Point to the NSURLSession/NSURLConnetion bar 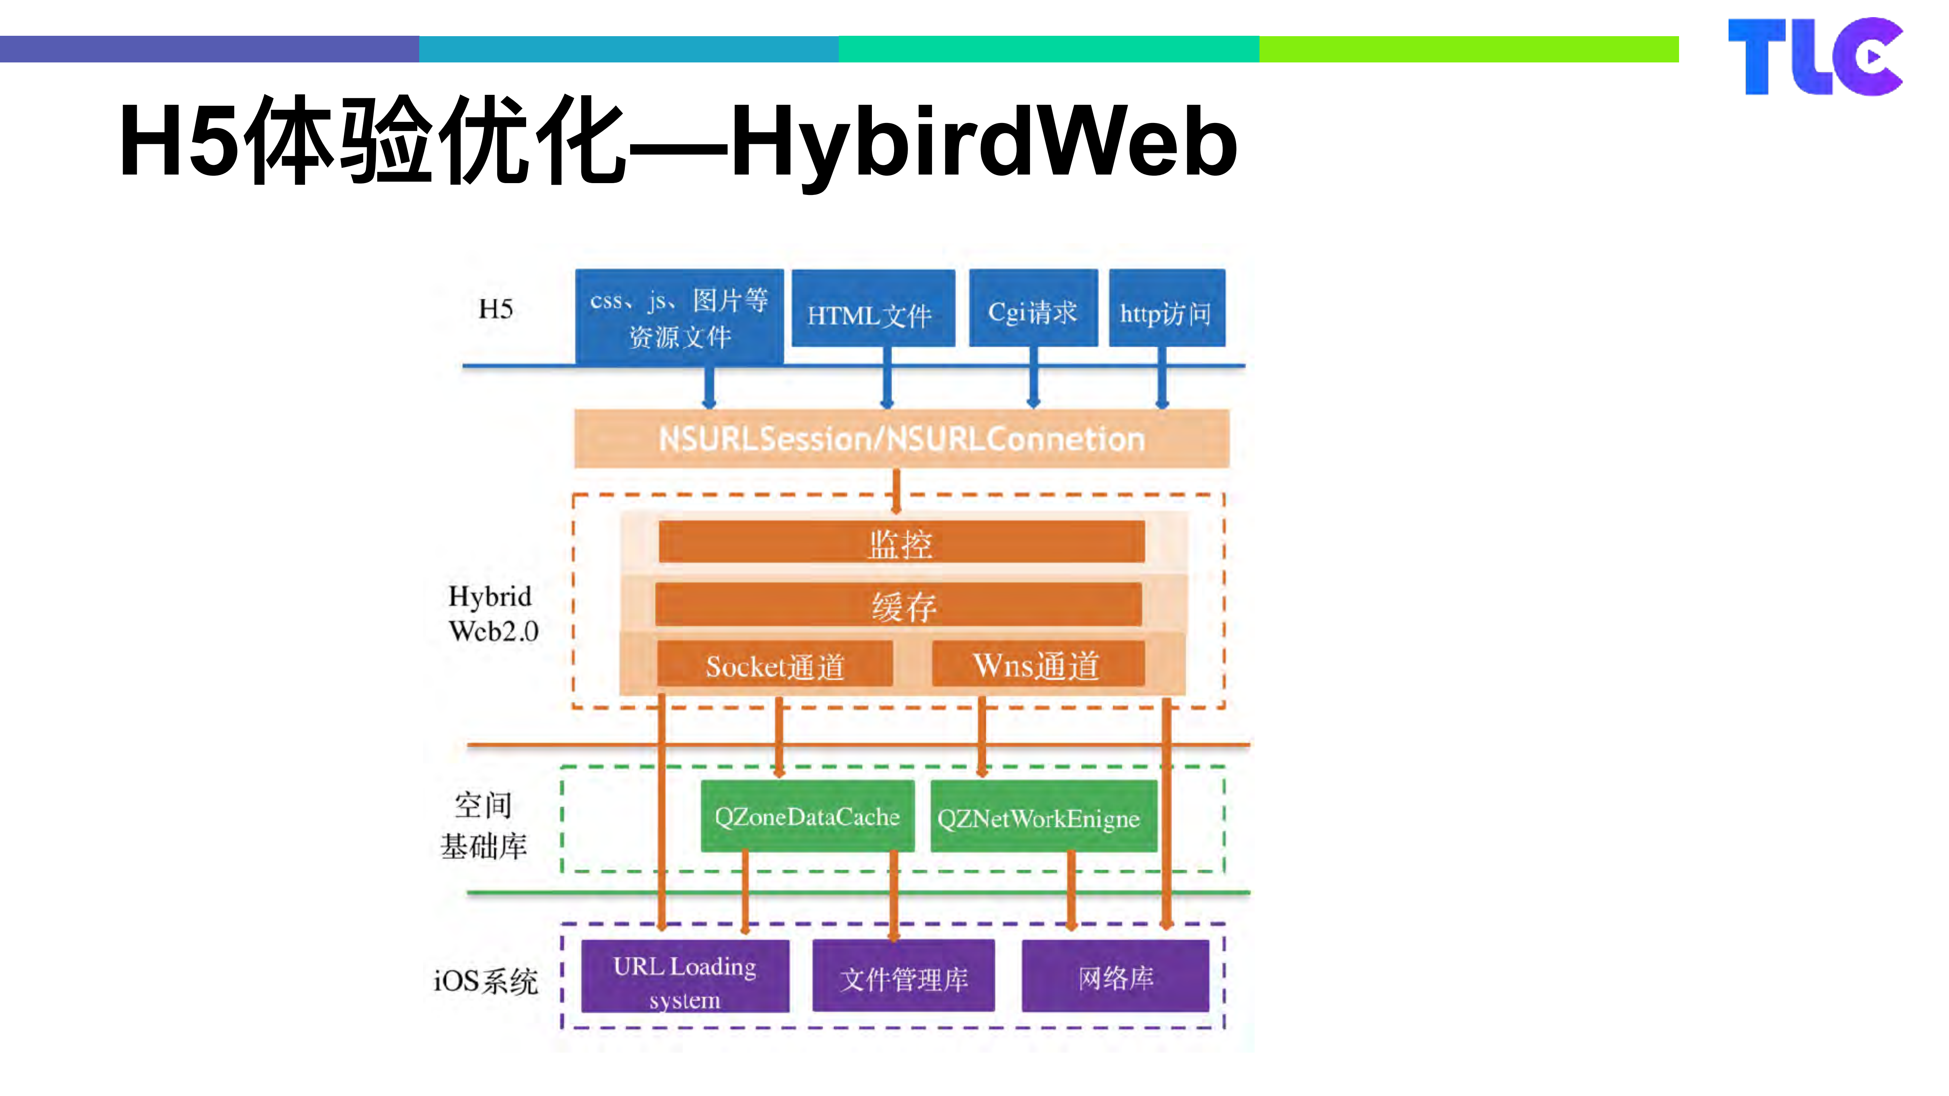901,439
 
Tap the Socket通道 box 775,665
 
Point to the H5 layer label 496,309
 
